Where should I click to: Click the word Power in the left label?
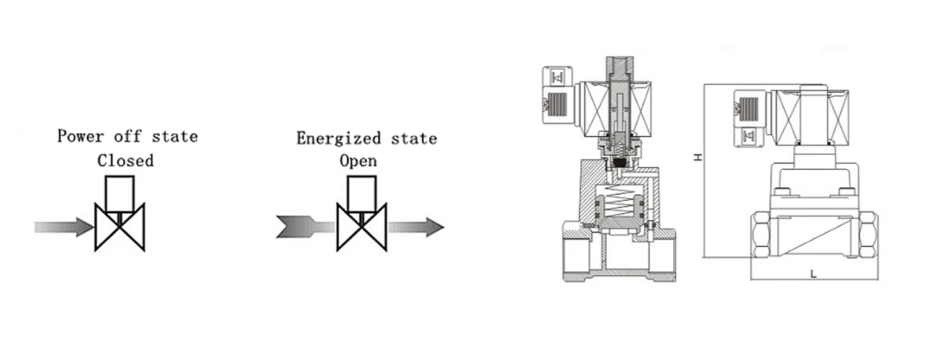click(x=81, y=136)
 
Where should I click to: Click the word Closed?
click(x=125, y=161)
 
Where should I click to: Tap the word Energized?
click(x=338, y=138)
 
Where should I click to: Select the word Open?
click(x=359, y=161)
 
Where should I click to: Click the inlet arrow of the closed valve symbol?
click(x=64, y=227)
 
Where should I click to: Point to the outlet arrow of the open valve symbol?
click(x=417, y=227)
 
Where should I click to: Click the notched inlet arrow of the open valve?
click(x=305, y=227)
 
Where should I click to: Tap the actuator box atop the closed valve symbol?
click(x=120, y=194)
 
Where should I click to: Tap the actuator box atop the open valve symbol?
click(x=361, y=194)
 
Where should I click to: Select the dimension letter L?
click(x=813, y=274)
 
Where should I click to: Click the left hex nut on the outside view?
click(x=760, y=235)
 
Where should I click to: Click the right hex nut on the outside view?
click(x=868, y=235)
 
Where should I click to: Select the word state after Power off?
click(x=174, y=137)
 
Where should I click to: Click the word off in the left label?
click(x=128, y=136)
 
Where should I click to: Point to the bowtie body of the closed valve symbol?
click(x=120, y=227)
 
